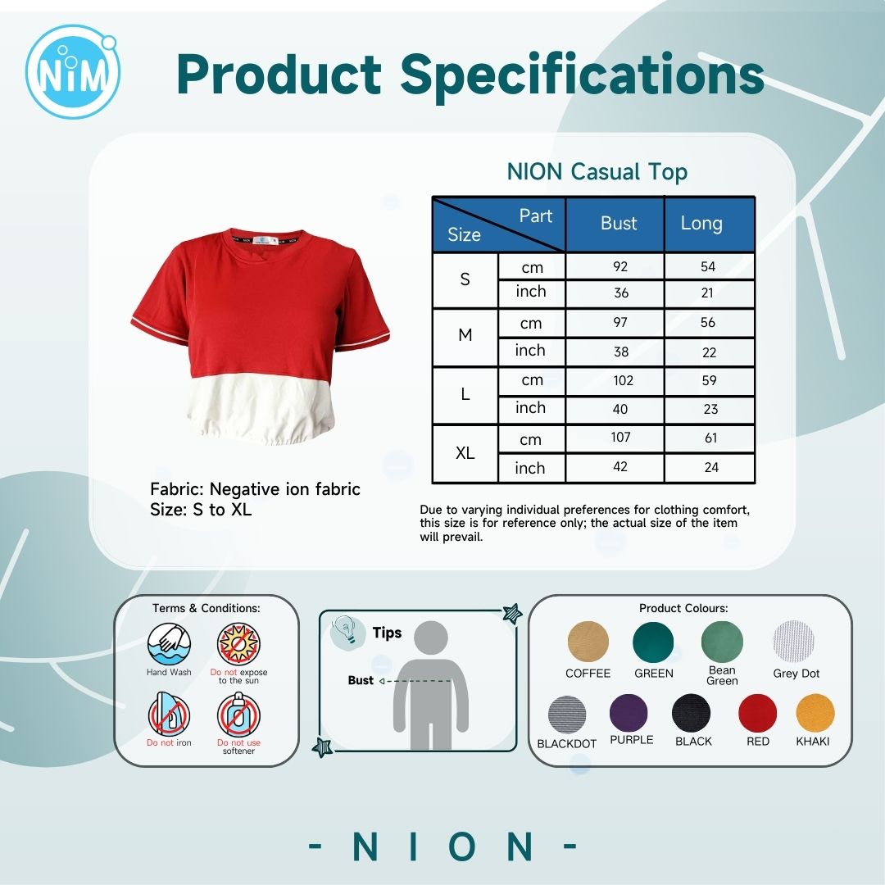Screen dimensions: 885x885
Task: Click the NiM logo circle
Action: pos(73,71)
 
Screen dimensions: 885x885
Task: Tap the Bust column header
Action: pos(619,223)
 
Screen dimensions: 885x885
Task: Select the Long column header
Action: pos(701,223)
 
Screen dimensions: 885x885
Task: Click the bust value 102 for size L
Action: pos(623,380)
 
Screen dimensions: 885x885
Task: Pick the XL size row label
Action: pos(465,452)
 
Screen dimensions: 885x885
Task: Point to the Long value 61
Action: pos(711,438)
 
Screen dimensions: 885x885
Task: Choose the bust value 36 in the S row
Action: pos(621,293)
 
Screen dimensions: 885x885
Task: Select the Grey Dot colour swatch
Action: pos(793,642)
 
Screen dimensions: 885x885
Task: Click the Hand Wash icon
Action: pos(169,645)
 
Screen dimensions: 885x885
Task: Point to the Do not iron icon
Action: pos(169,715)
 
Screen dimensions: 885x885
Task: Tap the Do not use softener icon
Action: pos(238,715)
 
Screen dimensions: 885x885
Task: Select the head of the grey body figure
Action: pos(431,638)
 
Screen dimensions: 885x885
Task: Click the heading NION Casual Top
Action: pos(597,172)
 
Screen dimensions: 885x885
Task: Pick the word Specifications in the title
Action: pos(582,75)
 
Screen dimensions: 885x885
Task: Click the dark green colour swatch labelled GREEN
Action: pos(653,642)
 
